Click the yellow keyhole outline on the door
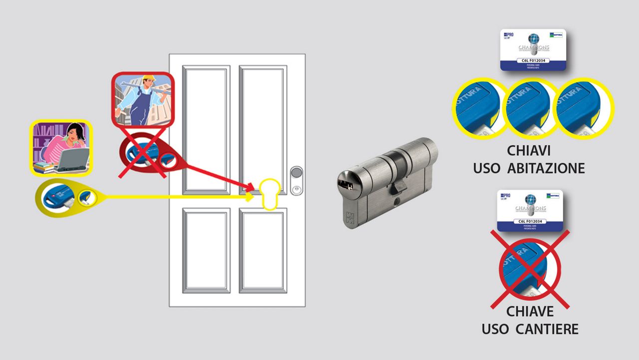point(269,194)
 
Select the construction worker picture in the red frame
point(142,100)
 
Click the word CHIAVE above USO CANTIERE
point(530,312)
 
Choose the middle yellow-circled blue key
point(530,108)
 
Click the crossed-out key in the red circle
point(529,270)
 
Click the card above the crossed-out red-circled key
point(530,211)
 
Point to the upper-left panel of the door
point(206,128)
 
